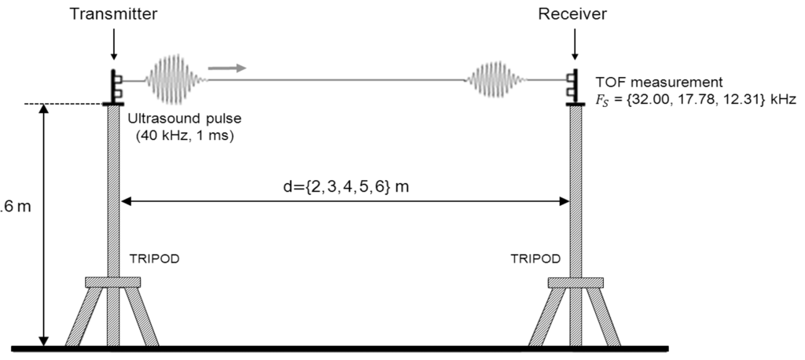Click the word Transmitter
[x=114, y=14]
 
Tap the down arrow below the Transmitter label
[x=114, y=46]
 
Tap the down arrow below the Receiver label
[x=575, y=46]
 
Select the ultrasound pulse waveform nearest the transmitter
[x=176, y=79]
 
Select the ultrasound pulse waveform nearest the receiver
[x=497, y=79]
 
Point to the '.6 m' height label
[x=13, y=211]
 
